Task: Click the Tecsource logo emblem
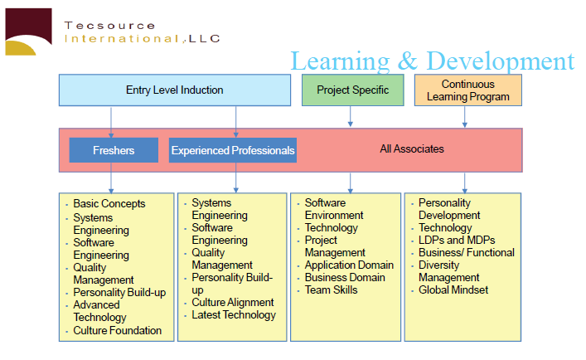point(28,32)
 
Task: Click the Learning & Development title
point(433,61)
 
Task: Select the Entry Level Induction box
point(175,90)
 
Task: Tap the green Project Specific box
point(353,90)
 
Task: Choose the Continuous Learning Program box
point(468,90)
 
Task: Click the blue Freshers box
point(114,150)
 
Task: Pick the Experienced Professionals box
point(233,150)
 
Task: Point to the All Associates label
point(412,148)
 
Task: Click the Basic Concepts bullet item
point(109,204)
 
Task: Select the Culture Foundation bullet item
point(118,330)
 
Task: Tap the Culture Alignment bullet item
point(232,302)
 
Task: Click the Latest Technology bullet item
point(234,314)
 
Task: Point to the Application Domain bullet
point(349,265)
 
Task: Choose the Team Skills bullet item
point(331,289)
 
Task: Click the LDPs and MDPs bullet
point(457,240)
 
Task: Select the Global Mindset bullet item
point(453,289)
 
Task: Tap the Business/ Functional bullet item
point(467,253)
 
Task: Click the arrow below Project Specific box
point(350,116)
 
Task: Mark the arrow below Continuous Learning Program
point(464,117)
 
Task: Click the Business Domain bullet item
point(345,277)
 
